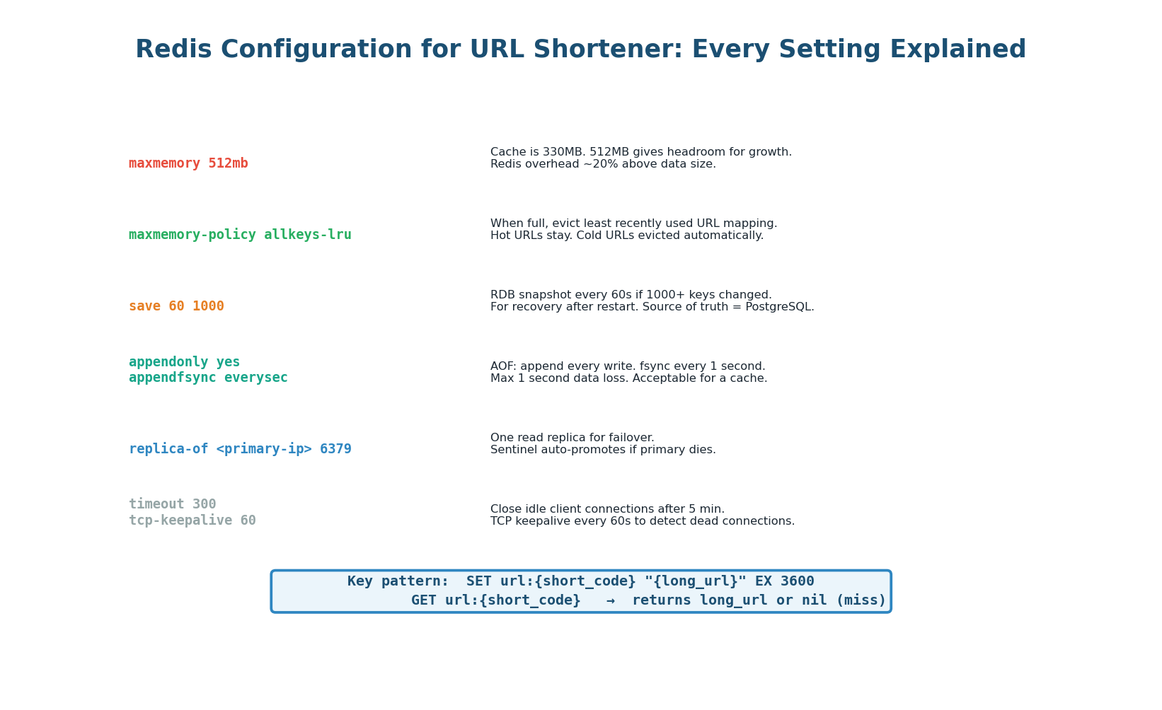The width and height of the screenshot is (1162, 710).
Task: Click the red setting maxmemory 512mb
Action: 188,163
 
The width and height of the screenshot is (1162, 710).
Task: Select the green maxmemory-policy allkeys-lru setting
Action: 240,235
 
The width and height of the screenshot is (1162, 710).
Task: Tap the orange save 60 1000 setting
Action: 176,306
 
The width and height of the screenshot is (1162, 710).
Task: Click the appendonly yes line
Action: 184,362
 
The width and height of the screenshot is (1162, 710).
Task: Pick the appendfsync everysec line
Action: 208,378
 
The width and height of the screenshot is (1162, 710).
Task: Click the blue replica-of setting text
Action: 240,449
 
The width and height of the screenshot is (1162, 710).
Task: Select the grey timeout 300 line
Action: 172,504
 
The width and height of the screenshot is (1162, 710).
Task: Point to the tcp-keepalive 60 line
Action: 192,520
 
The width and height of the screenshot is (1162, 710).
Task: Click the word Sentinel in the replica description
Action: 514,450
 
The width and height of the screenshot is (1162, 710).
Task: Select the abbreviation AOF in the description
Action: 502,366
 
